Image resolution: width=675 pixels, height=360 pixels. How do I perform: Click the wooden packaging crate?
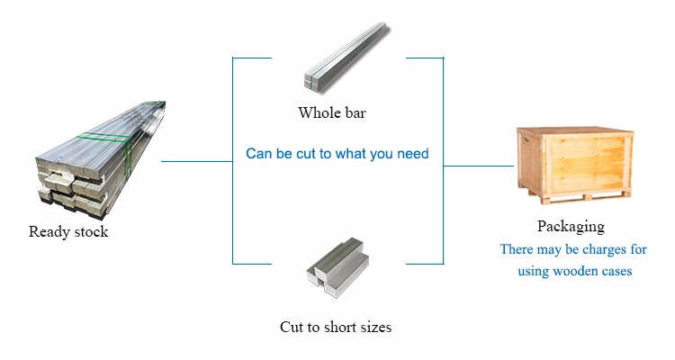[575, 166]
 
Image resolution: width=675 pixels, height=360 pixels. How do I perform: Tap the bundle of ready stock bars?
[100, 160]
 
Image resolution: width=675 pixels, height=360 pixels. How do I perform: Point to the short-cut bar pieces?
[337, 268]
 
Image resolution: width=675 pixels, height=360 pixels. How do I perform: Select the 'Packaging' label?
[571, 227]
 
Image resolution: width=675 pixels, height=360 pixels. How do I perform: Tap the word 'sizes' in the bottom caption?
[376, 328]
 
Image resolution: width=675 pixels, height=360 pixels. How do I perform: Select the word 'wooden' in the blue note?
[572, 271]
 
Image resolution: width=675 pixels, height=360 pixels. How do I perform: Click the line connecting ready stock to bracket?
[197, 161]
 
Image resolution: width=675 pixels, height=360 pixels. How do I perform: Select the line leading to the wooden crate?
[478, 166]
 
